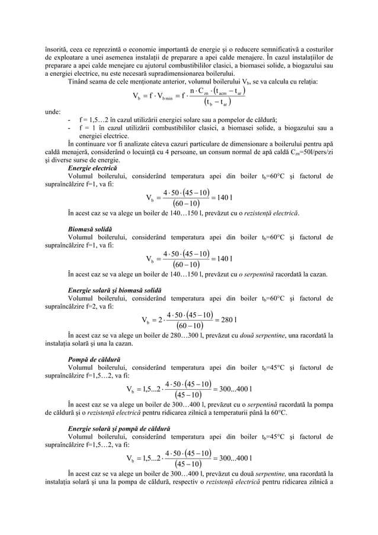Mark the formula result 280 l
pyautogui.click(x=228, y=320)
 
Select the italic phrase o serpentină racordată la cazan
pyautogui.click(x=278, y=274)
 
